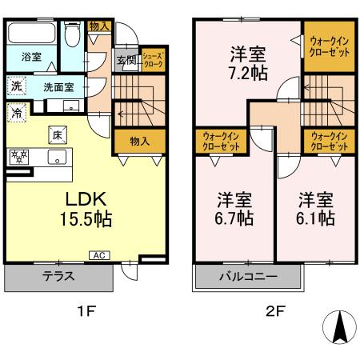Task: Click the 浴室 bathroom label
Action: pyautogui.click(x=31, y=58)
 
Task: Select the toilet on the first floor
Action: pyautogui.click(x=71, y=36)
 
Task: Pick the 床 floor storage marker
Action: pyautogui.click(x=58, y=134)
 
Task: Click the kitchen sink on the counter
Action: pyautogui.click(x=57, y=157)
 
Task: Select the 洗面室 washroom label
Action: pyautogui.click(x=58, y=86)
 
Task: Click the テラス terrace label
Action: pyautogui.click(x=58, y=278)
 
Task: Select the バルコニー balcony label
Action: pyautogui.click(x=248, y=278)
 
